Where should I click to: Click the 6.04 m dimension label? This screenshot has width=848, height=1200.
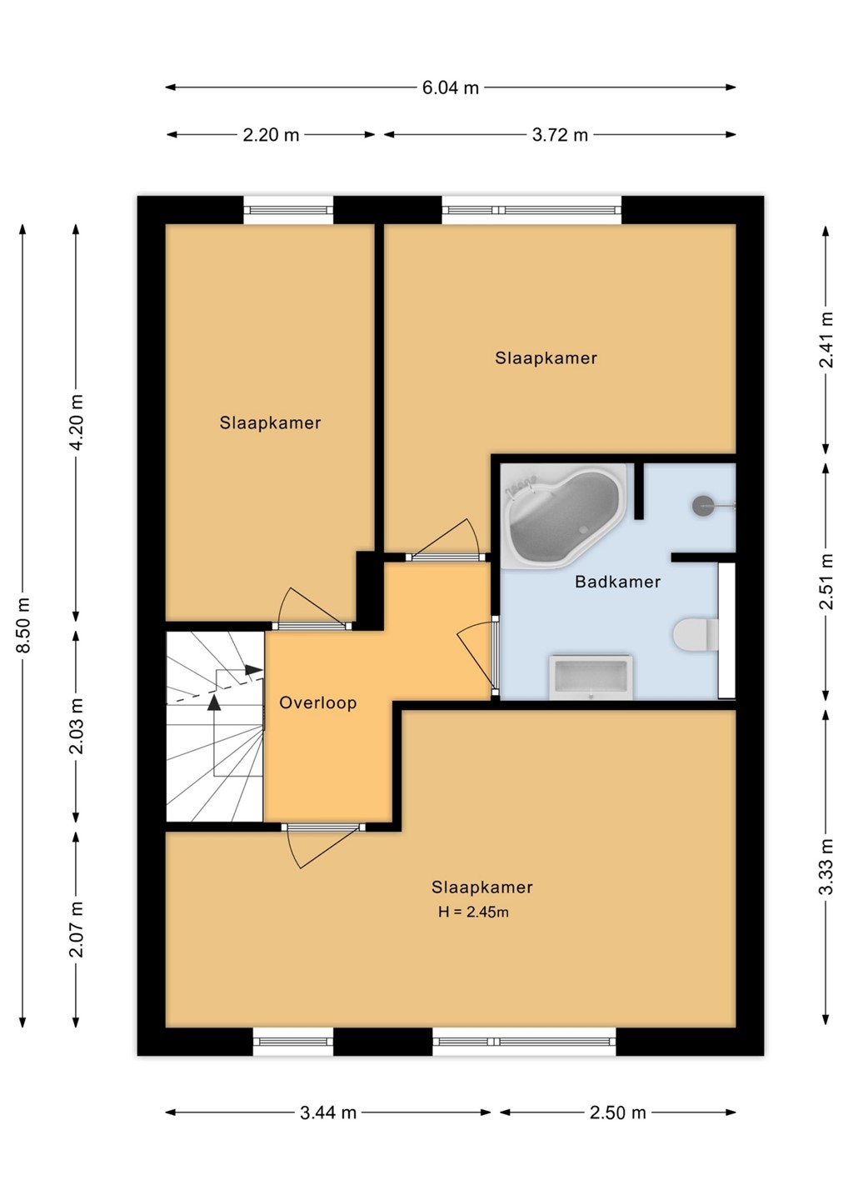pos(450,87)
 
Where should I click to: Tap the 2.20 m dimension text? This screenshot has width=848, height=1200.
pos(271,135)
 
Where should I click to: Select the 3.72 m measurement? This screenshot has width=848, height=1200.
pos(560,135)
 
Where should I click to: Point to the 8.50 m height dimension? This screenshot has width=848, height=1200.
pos(23,625)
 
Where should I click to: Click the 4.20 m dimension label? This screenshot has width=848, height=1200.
pos(77,423)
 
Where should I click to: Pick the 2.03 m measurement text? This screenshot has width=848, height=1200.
pos(77,726)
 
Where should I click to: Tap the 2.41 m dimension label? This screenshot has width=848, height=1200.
pos(826,340)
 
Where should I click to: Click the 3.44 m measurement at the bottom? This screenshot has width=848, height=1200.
pos(328,1112)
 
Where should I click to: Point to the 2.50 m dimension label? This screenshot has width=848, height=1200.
pos(618,1112)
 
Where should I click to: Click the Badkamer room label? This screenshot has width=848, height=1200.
pos(618,582)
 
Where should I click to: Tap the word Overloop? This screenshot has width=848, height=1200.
pos(318,702)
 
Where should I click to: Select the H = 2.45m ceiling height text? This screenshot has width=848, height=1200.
pos(473,912)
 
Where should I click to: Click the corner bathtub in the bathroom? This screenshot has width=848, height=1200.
pos(564,513)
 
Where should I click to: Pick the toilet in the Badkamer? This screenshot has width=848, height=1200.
pos(696,635)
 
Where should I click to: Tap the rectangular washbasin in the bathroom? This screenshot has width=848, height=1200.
pos(591,677)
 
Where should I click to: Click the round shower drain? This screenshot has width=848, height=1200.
pos(702,505)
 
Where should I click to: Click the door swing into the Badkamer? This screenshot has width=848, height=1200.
pos(476,657)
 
